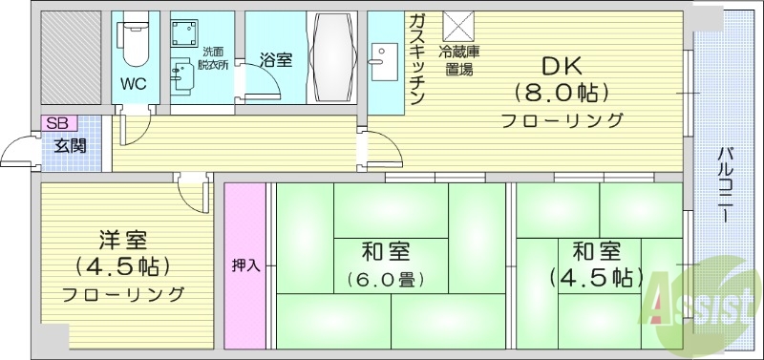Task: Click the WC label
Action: click(x=133, y=82)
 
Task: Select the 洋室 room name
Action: click(x=122, y=237)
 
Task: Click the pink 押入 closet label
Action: click(x=244, y=265)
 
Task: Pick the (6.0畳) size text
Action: click(x=385, y=280)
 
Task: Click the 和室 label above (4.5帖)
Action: click(x=596, y=251)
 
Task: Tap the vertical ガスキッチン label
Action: click(x=417, y=60)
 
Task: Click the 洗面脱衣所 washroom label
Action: click(x=214, y=57)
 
